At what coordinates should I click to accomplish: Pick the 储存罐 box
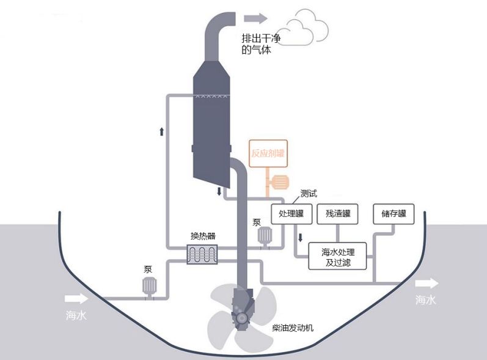click(x=394, y=214)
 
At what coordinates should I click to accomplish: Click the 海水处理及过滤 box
click(x=338, y=257)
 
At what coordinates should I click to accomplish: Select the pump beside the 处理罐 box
click(x=265, y=236)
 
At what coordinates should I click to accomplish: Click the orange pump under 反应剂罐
click(x=280, y=182)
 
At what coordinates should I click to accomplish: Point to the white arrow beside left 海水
click(x=76, y=299)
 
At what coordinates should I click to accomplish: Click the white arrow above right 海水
click(x=427, y=284)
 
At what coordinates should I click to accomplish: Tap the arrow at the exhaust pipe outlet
click(x=255, y=18)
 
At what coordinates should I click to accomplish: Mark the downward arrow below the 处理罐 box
click(x=300, y=238)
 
